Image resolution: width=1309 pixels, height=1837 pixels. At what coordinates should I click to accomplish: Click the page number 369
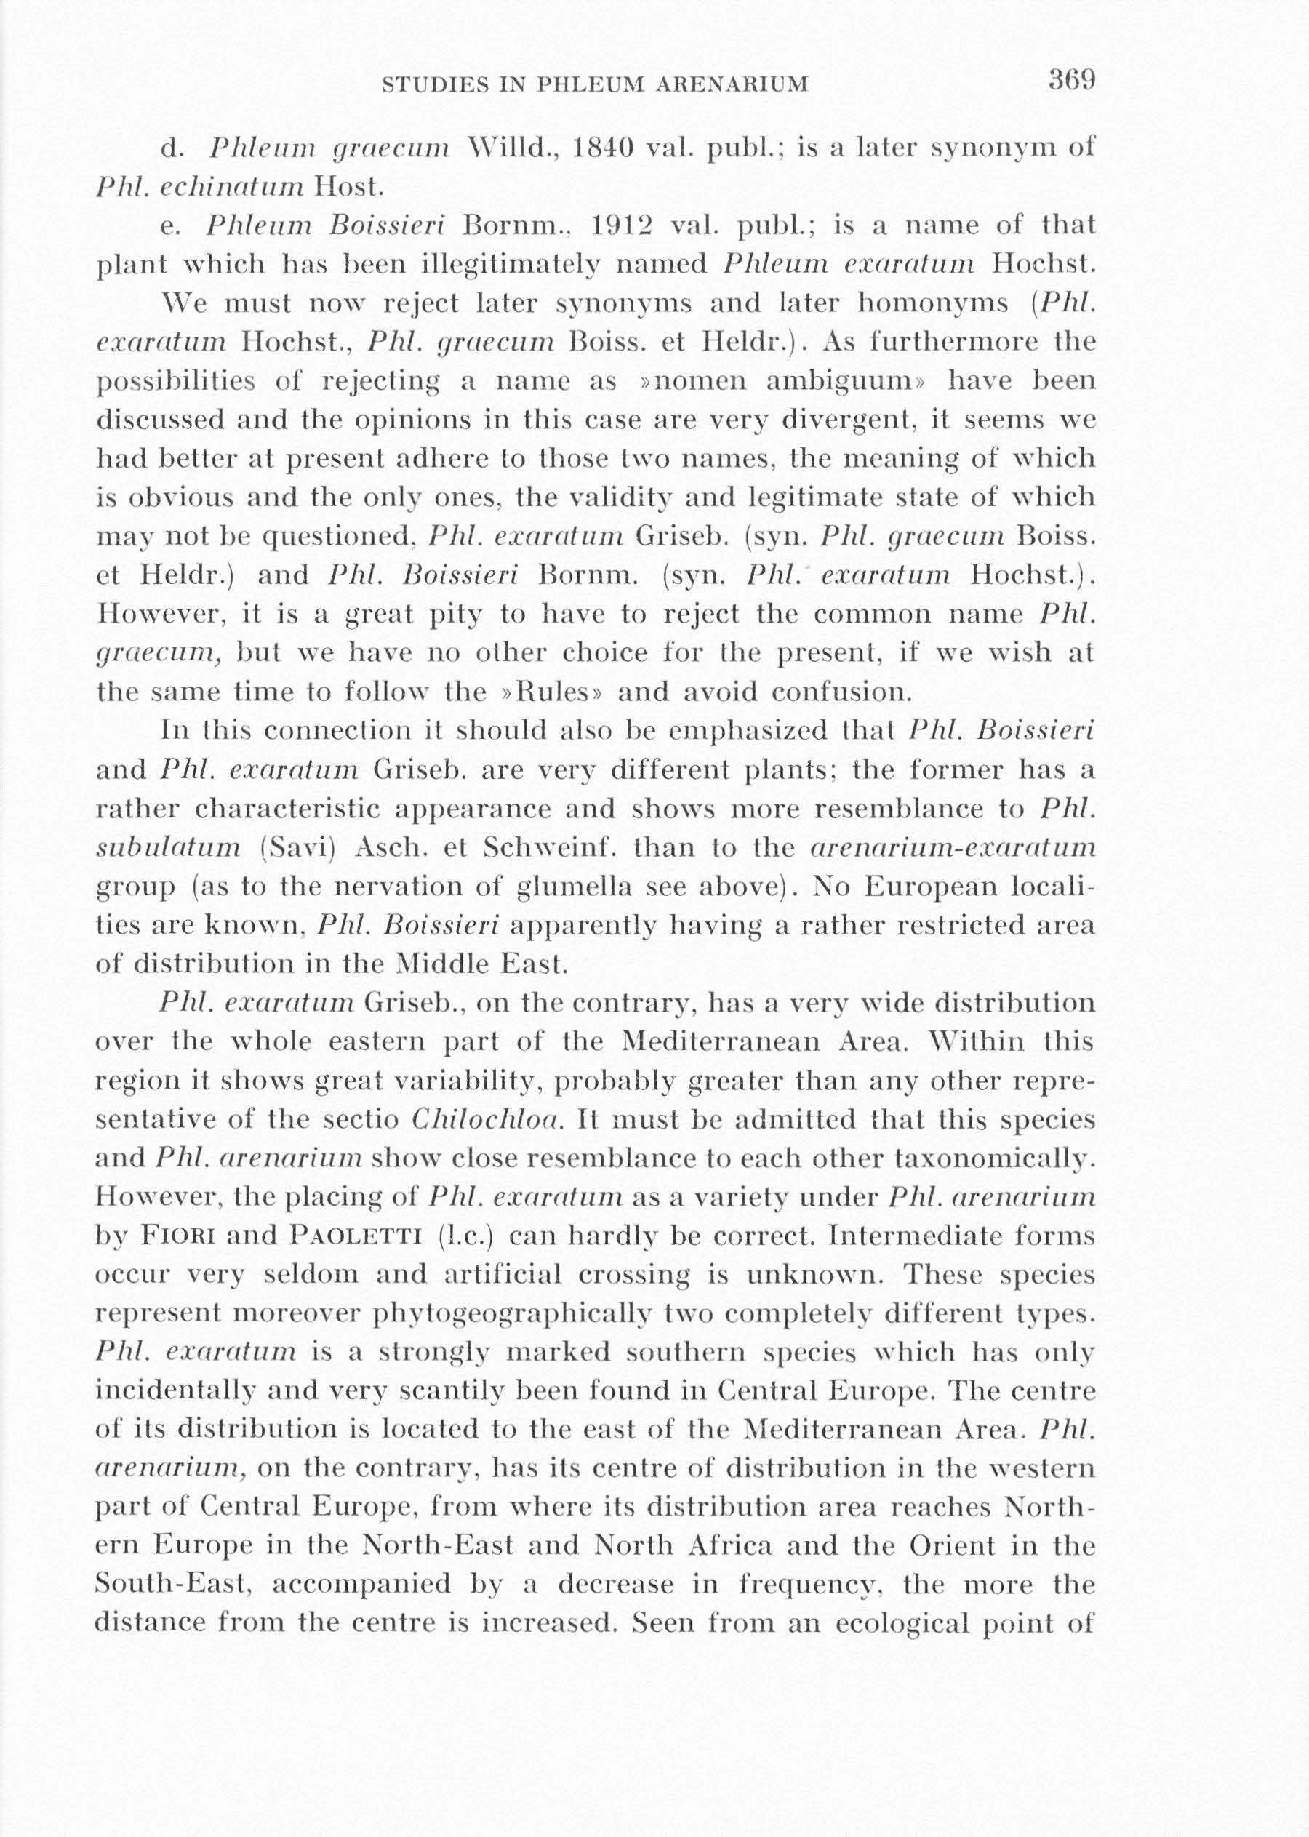[1071, 81]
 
